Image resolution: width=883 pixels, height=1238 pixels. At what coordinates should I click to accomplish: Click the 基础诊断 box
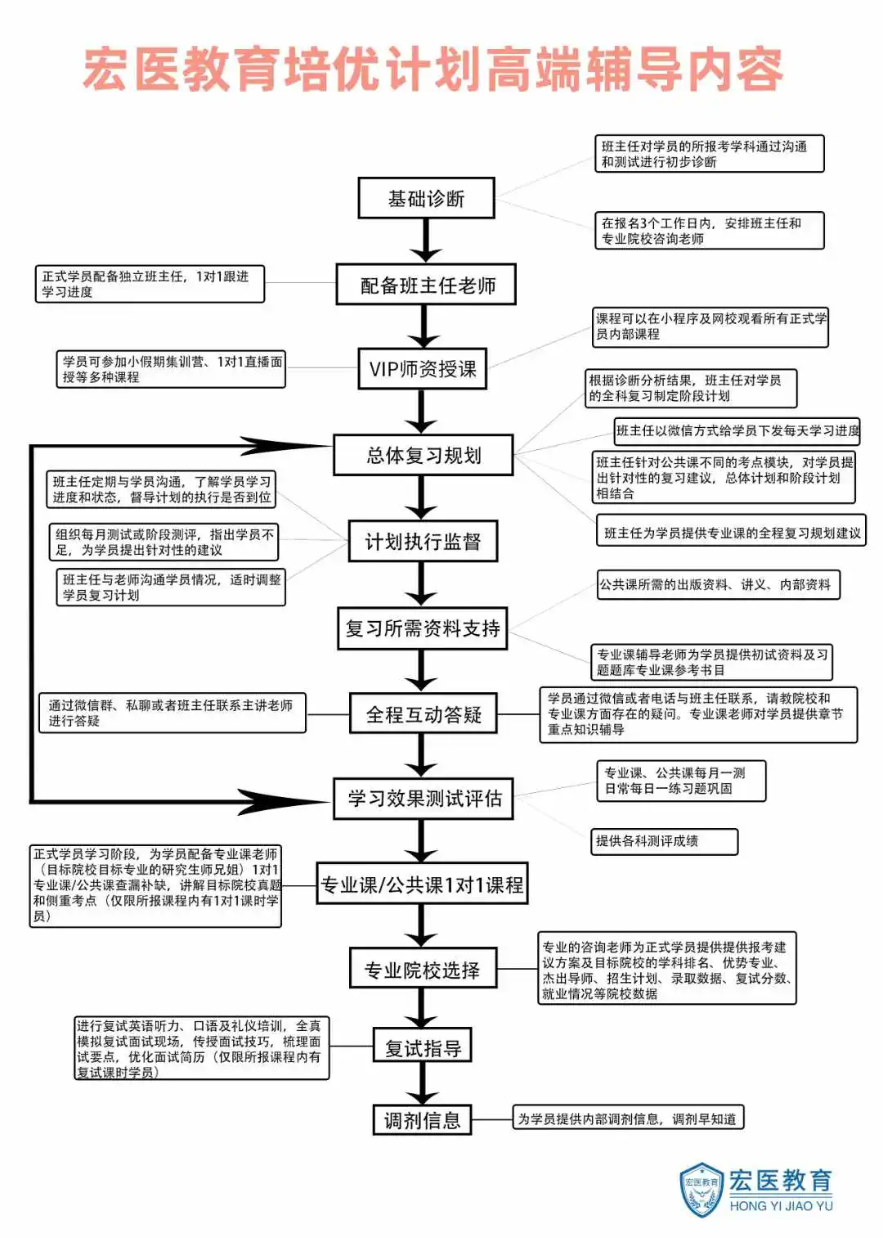coord(426,199)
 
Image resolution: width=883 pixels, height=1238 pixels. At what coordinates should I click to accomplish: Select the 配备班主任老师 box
coord(426,285)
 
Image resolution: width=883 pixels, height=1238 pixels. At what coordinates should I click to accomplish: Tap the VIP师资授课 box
coord(423,369)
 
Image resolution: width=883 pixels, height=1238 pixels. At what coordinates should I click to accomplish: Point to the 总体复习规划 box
coord(423,455)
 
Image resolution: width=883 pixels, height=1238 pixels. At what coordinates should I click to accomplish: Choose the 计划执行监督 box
coord(423,542)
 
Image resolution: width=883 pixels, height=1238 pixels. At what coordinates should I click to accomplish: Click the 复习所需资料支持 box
coord(423,628)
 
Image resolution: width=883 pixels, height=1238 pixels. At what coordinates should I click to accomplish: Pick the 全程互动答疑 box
coord(423,715)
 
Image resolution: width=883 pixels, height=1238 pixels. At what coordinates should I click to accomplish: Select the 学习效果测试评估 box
coord(423,799)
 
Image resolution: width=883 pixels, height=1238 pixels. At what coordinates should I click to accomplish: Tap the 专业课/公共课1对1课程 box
coord(422,885)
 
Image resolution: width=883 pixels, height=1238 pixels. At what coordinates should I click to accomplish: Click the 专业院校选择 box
coord(423,970)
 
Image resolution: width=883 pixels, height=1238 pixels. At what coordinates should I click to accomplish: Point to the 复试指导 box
coord(423,1047)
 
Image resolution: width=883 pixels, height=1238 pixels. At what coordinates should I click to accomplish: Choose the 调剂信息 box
coord(423,1119)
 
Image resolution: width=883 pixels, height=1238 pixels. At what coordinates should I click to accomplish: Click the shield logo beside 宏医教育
coord(701,1189)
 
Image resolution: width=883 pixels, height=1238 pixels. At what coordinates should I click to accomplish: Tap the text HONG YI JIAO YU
coord(781,1205)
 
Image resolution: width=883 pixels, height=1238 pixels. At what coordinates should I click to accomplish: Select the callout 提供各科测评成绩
coord(666,841)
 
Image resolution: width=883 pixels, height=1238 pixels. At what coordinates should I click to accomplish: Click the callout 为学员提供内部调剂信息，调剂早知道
coord(628,1119)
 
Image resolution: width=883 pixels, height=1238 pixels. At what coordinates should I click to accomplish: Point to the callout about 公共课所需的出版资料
coord(717,584)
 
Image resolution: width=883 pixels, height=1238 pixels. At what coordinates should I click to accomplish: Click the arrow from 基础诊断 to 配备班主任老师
coord(425,241)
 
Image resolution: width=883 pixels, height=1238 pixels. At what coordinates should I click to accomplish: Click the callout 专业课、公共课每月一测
coord(681,781)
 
